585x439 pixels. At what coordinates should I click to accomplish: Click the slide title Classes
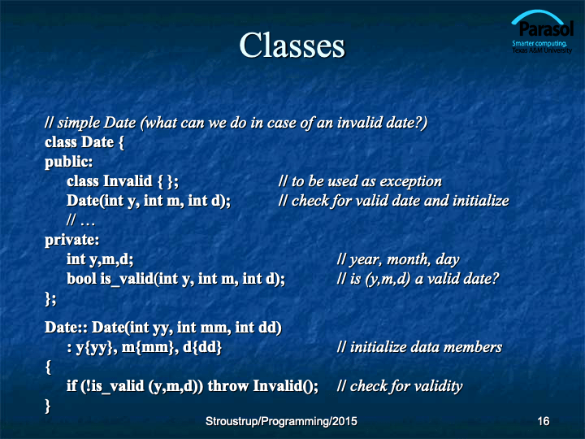pos(292,46)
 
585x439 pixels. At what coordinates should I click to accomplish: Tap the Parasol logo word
pos(545,28)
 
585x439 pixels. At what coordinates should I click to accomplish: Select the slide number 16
pos(544,421)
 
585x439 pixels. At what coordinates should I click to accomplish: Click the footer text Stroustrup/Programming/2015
pos(281,421)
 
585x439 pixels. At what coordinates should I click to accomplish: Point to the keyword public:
pos(68,162)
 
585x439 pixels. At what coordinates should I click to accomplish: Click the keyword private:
pos(72,240)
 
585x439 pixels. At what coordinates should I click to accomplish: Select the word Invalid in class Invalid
pos(128,181)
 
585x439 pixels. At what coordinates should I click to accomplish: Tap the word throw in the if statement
pos(228,385)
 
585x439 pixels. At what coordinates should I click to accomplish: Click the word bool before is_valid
pos(81,279)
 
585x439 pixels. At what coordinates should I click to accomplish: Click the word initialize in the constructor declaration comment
pos(480,201)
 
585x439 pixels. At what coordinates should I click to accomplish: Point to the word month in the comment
pos(408,259)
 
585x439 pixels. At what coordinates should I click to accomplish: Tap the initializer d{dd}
pos(202,347)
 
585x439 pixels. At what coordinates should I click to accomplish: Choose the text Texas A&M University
pos(542,50)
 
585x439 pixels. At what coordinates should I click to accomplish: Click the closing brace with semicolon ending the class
pos(50,298)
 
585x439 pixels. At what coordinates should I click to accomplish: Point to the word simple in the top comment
pos(77,123)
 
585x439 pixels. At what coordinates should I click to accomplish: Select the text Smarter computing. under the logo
pos(539,43)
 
